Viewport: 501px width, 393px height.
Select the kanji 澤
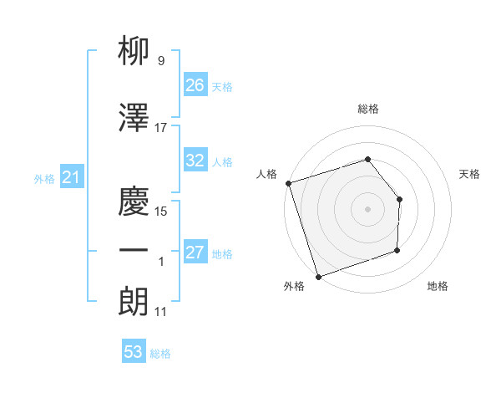click(x=134, y=119)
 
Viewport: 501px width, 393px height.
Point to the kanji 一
click(x=134, y=251)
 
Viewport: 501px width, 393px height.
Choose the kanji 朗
click(x=134, y=301)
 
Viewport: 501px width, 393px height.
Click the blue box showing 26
click(x=195, y=85)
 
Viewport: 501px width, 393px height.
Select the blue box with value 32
click(x=195, y=161)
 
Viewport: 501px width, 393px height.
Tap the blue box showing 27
click(x=195, y=253)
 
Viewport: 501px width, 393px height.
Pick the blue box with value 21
click(x=71, y=177)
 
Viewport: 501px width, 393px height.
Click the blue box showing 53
click(x=134, y=352)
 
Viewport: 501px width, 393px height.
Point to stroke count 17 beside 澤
click(x=161, y=128)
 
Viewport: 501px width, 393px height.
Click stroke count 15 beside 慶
click(x=162, y=212)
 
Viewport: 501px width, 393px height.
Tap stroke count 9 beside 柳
click(x=160, y=61)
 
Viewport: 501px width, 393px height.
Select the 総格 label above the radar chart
click(x=368, y=109)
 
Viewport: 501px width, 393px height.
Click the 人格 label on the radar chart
click(x=267, y=174)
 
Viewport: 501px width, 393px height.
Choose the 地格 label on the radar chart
click(x=438, y=286)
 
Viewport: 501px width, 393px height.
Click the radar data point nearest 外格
click(x=317, y=275)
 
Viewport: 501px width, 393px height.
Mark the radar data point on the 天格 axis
click(x=399, y=199)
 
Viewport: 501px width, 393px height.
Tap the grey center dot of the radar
click(x=367, y=209)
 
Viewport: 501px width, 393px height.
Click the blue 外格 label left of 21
click(x=44, y=178)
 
